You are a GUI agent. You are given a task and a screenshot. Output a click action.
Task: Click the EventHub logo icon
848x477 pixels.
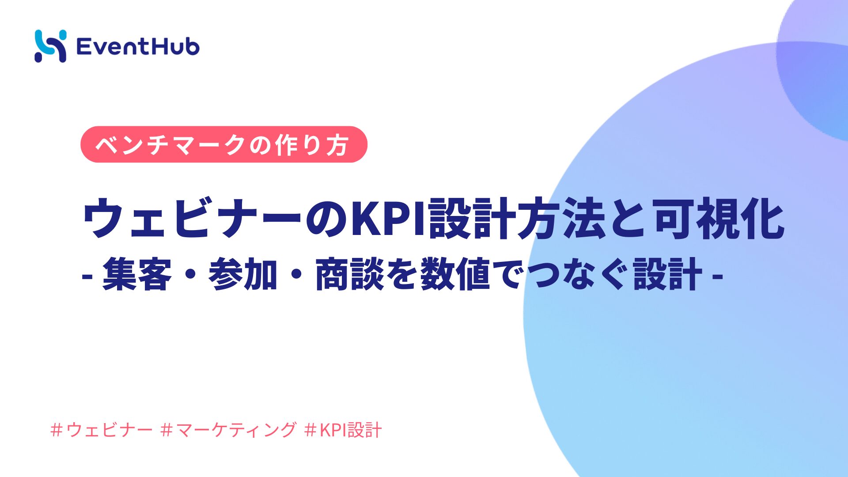50,46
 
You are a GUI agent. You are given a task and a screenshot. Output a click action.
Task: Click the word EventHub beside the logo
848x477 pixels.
138,46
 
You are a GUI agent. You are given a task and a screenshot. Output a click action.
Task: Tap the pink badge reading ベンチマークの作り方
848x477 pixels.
224,144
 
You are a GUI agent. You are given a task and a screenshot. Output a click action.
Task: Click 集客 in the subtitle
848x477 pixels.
136,274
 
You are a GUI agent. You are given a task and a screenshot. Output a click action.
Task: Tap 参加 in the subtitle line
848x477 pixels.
243,274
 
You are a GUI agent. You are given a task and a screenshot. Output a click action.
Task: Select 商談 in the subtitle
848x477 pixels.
349,274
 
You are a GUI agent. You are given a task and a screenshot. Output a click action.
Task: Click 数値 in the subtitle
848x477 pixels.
455,274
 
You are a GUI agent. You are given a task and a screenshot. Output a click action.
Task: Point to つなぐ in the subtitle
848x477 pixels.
579,274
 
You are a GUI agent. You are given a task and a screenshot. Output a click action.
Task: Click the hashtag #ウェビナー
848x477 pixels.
102,430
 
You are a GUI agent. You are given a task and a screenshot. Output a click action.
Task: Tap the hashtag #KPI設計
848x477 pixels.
343,430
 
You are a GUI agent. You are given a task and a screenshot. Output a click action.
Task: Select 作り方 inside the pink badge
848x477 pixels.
312,145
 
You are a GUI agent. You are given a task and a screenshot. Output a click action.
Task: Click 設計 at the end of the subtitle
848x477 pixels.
668,274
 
